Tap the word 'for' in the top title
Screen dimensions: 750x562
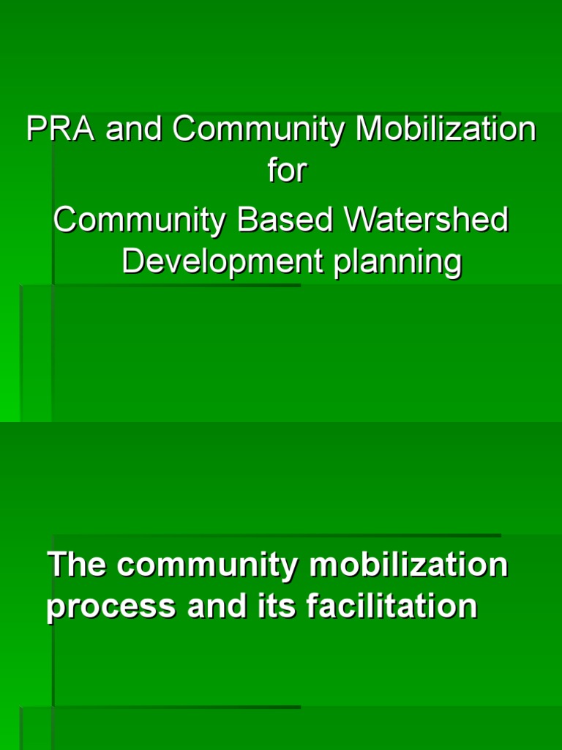pos(286,174)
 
